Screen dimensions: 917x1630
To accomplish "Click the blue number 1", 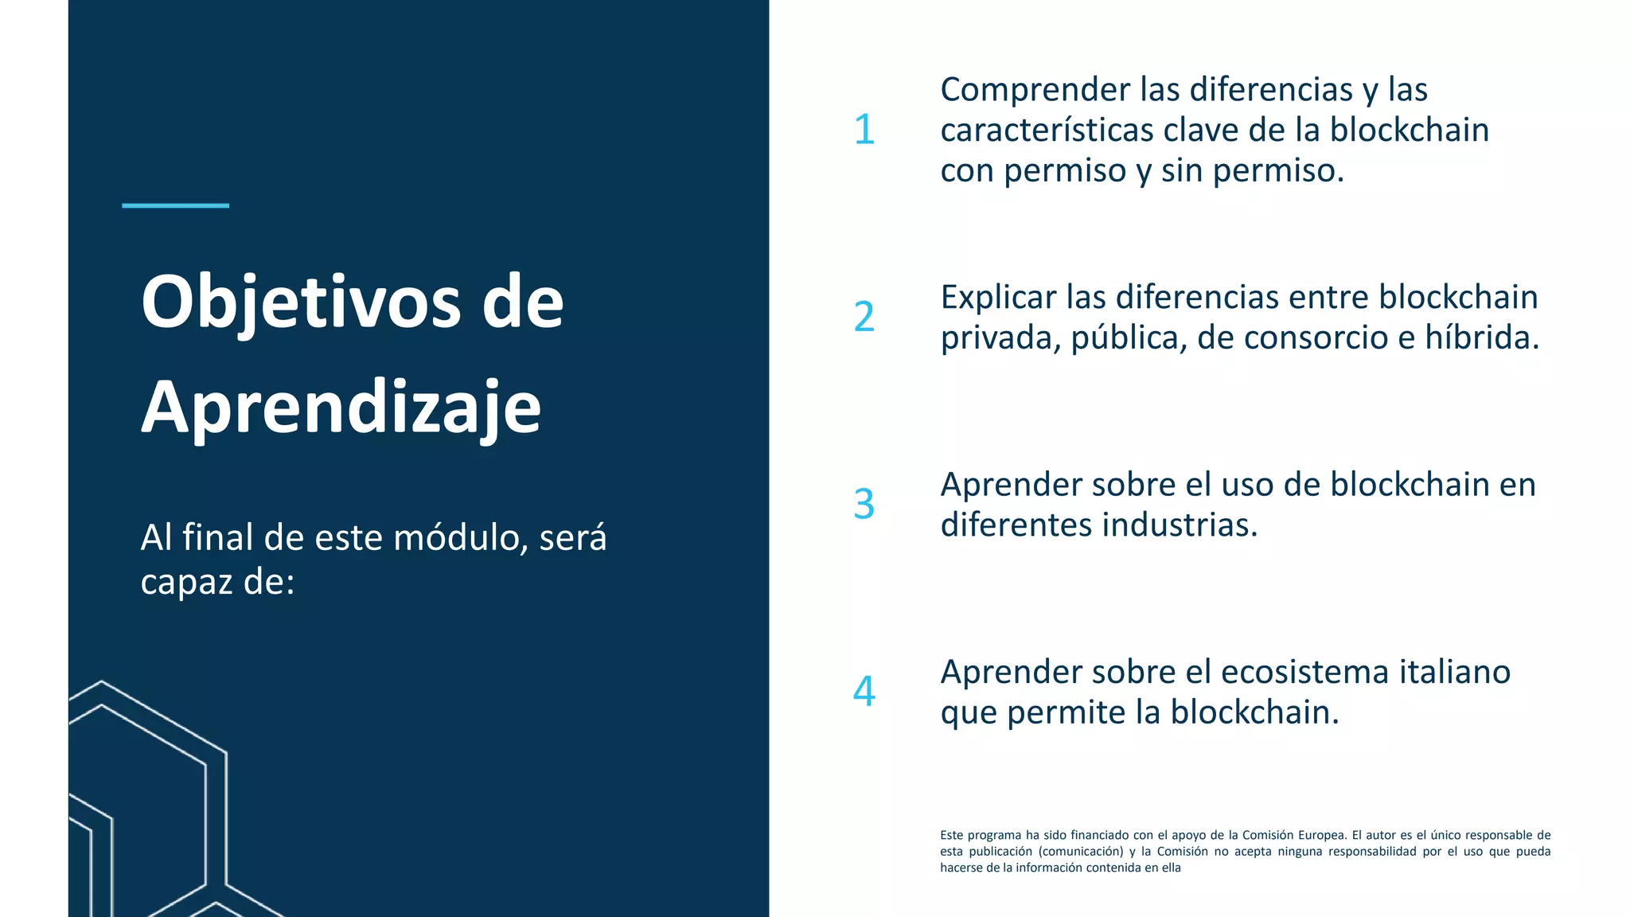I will coord(864,130).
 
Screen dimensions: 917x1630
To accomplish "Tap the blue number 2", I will coord(864,317).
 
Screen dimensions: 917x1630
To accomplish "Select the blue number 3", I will coord(864,505).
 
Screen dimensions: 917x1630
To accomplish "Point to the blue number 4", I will coord(864,691).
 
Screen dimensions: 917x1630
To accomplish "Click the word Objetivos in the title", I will coord(301,303).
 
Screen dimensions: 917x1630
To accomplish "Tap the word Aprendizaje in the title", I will coord(341,408).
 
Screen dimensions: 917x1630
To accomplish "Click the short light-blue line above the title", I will coord(175,205).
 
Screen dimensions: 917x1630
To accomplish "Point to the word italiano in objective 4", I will coord(1455,673).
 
